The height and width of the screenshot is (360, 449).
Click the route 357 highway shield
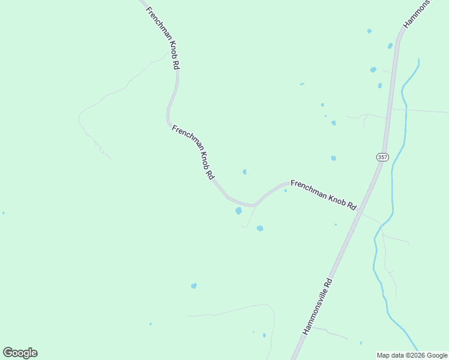383,157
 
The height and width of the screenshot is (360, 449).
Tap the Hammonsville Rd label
317,307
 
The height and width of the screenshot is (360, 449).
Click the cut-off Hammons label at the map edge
417,14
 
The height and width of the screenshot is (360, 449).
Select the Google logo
20,353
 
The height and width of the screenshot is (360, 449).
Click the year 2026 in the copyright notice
419,355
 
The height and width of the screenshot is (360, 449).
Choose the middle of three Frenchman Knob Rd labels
193,152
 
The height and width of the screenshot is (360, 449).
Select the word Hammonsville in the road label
313,313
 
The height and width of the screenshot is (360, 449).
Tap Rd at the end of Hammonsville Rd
328,283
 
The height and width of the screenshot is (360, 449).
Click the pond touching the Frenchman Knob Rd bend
239,211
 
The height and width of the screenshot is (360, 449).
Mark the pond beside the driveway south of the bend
260,228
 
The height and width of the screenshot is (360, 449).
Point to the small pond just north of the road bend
244,172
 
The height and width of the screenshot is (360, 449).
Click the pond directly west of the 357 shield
333,158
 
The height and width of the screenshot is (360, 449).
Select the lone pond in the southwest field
194,286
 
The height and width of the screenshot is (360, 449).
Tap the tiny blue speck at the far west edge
3,213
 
